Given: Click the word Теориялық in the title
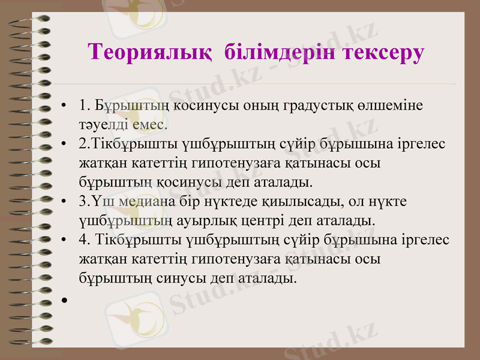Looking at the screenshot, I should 149,52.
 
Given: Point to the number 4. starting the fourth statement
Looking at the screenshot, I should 85,240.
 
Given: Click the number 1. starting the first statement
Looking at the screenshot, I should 84,106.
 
